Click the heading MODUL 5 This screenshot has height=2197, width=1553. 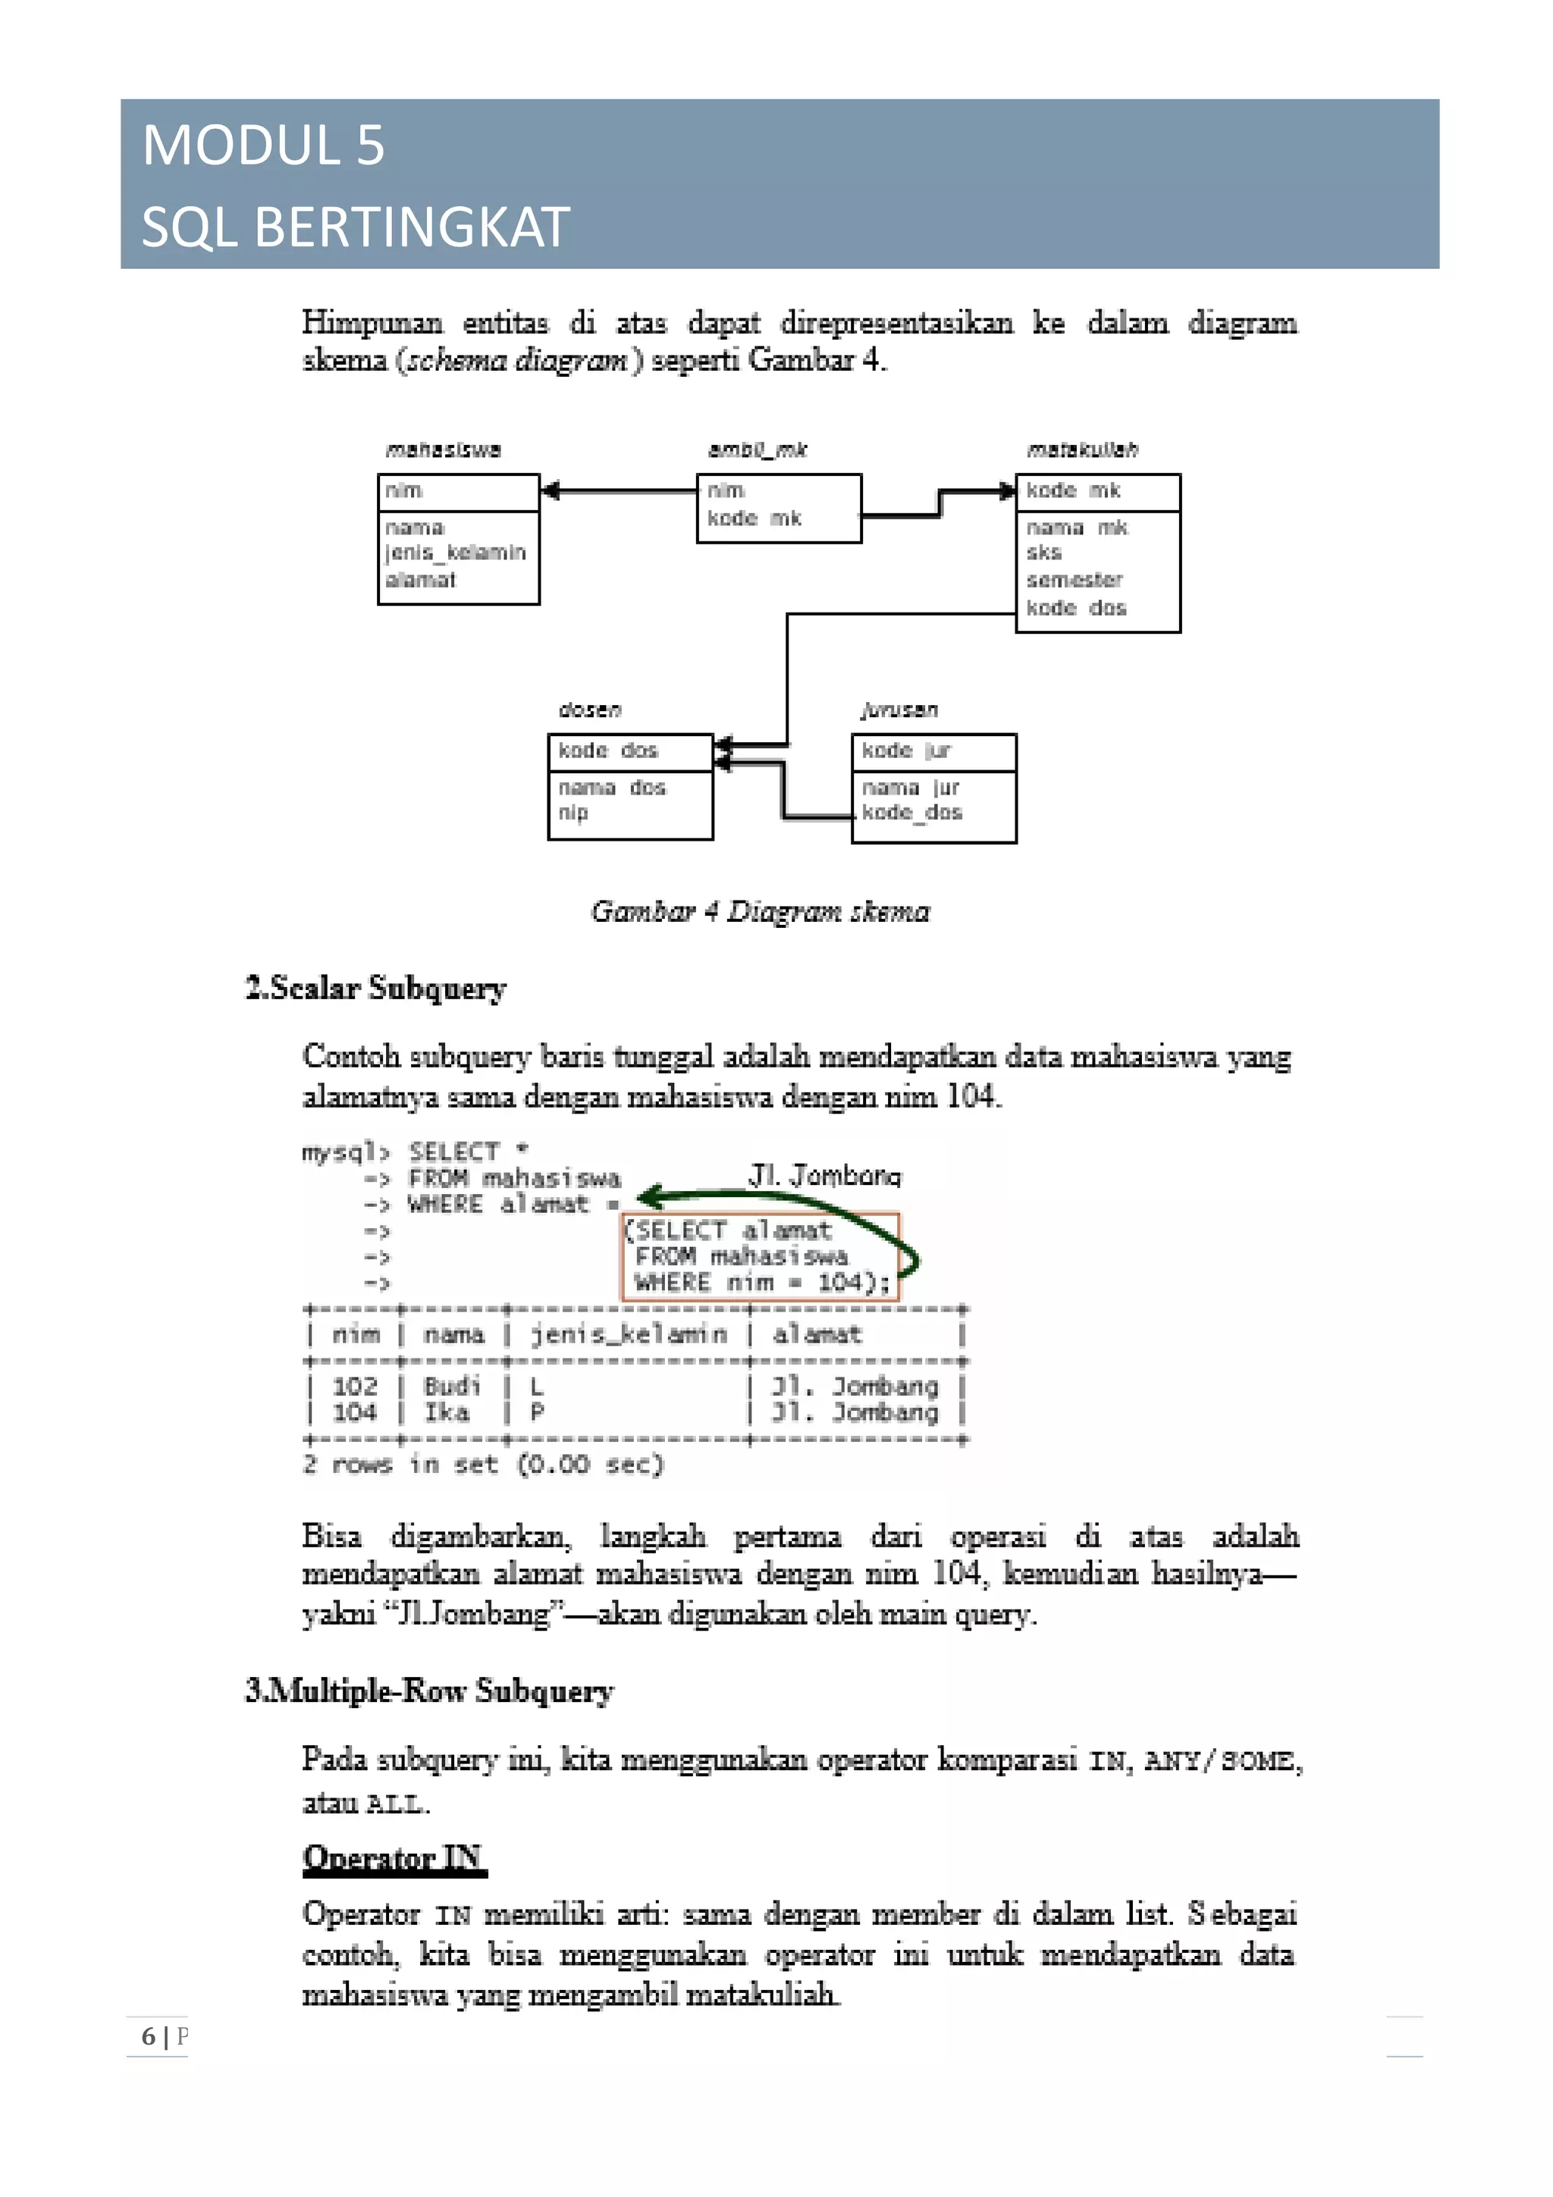click(x=263, y=146)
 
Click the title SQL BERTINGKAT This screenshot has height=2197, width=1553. click(x=355, y=227)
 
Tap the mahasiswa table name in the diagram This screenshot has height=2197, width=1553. click(x=443, y=450)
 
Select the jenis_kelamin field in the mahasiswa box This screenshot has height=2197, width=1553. click(x=456, y=553)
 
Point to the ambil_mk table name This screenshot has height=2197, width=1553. click(x=757, y=450)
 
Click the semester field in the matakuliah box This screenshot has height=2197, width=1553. click(x=1074, y=580)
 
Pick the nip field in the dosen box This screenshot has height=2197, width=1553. click(x=573, y=813)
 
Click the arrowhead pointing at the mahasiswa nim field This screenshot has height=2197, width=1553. click(x=551, y=492)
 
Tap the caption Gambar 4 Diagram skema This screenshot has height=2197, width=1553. click(x=760, y=911)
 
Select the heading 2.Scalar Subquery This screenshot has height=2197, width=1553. click(x=375, y=988)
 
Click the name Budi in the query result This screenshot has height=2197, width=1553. click(x=452, y=1386)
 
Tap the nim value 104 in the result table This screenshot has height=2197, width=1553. click(x=354, y=1412)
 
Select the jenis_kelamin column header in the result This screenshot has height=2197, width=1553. click(x=629, y=1334)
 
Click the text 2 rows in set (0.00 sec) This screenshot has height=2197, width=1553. click(x=483, y=1464)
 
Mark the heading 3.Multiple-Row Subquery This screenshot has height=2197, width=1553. click(x=428, y=1691)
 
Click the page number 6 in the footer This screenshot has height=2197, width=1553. click(x=149, y=2036)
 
